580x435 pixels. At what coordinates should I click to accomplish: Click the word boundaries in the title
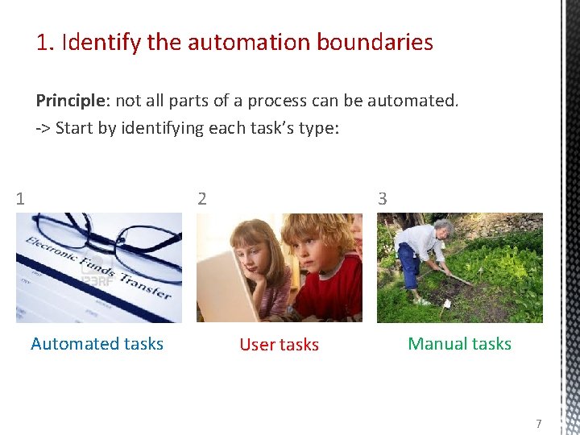(378, 42)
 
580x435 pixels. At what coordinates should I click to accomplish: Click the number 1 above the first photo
(20, 198)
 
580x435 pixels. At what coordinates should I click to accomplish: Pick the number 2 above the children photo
(202, 198)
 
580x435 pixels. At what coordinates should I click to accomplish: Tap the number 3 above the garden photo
(383, 198)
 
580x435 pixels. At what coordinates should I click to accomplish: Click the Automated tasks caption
(97, 344)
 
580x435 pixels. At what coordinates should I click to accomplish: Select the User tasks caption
(279, 345)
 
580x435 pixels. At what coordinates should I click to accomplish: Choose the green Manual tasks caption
(459, 344)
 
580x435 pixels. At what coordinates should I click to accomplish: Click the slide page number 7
(539, 424)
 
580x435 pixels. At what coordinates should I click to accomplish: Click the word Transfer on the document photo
(144, 282)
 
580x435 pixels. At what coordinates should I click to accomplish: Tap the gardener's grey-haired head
(444, 229)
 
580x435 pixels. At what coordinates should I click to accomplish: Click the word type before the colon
(314, 128)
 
